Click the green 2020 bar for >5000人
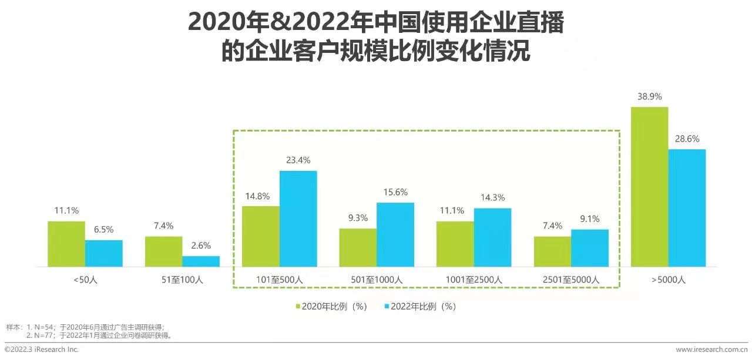coord(649,187)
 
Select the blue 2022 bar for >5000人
coord(687,208)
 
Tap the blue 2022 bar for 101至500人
coord(298,218)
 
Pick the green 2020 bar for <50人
coord(66,244)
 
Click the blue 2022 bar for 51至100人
coord(201,261)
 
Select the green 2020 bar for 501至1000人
coord(358,247)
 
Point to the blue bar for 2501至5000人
coord(590,248)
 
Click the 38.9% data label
coord(649,97)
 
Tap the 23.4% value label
coord(298,160)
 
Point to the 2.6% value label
coord(201,245)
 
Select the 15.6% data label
coord(395,192)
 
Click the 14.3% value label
coord(492,198)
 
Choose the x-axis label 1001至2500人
coord(474,280)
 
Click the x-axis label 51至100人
coord(182,280)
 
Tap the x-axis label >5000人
coord(668,280)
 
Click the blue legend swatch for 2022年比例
coord(387,307)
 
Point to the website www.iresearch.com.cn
coord(711,349)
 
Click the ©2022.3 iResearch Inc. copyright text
coord(41,349)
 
